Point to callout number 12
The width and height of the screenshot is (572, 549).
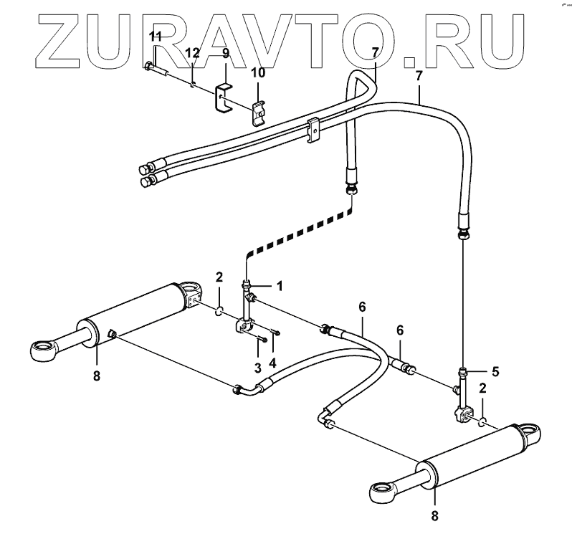point(191,53)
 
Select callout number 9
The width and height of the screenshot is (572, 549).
point(225,53)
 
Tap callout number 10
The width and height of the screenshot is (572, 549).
point(257,72)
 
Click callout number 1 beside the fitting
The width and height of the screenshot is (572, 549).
point(280,285)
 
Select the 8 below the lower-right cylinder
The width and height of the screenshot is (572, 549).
point(434,514)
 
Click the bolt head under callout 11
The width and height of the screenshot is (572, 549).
point(148,67)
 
